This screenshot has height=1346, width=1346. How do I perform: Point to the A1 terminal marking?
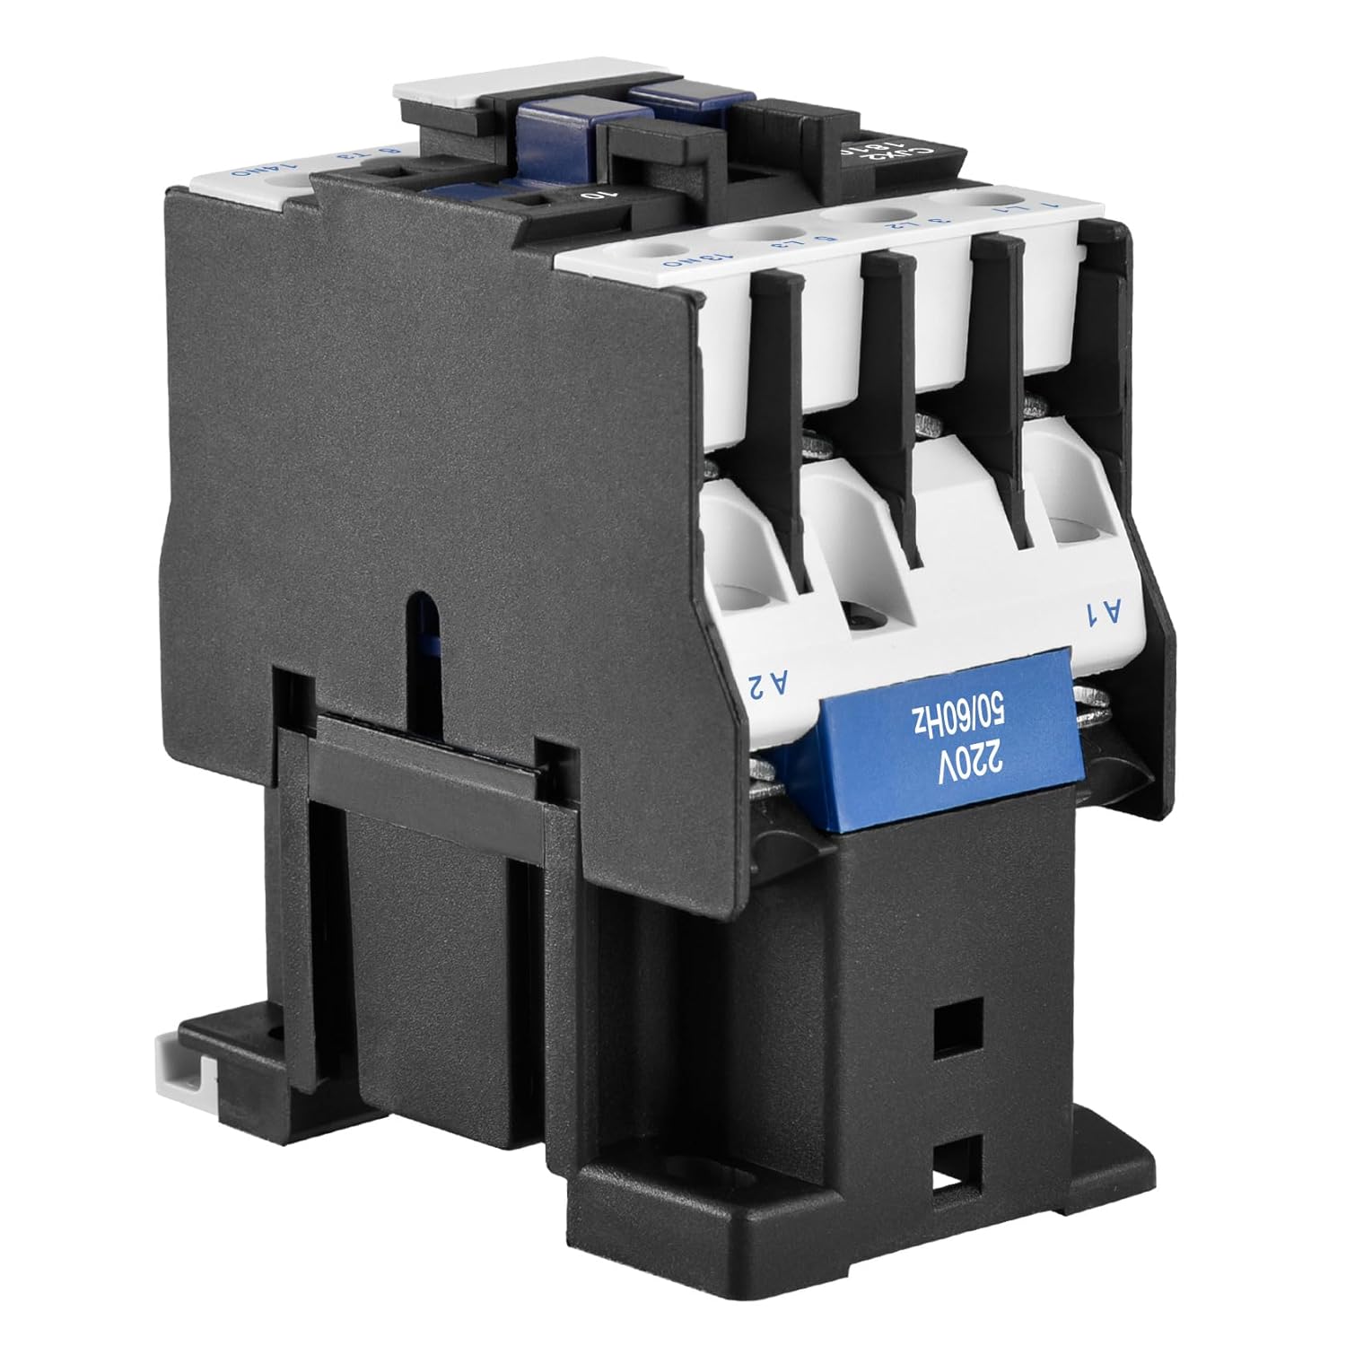tap(1106, 615)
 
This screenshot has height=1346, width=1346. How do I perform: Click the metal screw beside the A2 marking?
tap(764, 772)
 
